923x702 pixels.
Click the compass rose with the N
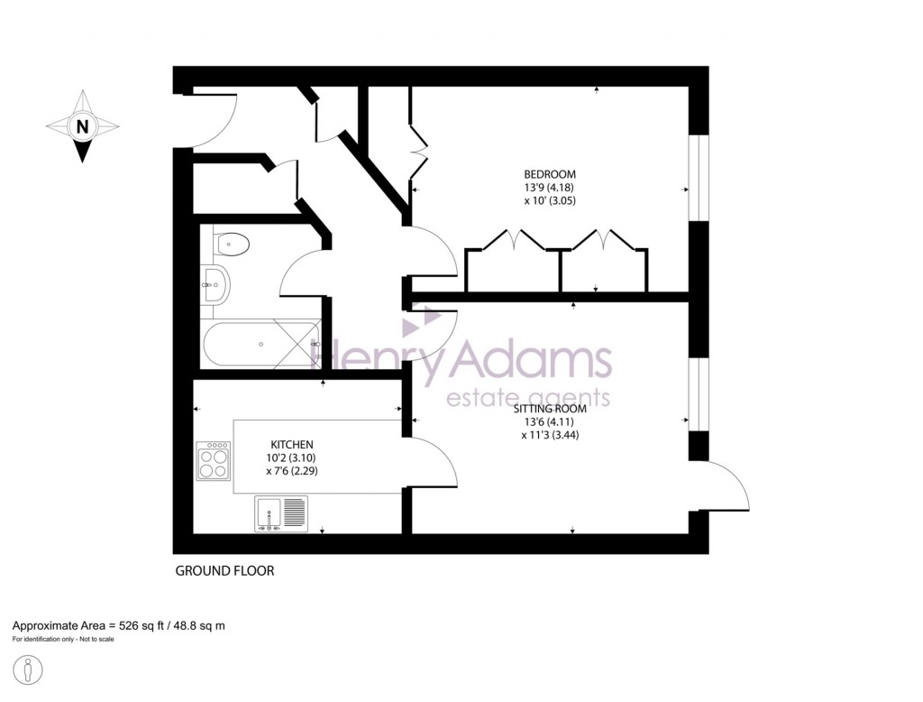82,126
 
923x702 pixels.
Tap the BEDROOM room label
550,174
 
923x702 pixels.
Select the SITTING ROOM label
553,409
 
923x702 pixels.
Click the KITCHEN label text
292,445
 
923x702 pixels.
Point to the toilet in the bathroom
233,243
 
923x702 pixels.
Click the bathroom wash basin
216,285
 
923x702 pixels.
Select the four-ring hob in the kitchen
215,460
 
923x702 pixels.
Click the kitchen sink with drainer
280,514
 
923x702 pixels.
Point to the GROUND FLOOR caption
224,570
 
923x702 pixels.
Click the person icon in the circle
29,671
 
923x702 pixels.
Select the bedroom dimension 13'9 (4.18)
550,188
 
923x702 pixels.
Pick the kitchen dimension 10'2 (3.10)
292,457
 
